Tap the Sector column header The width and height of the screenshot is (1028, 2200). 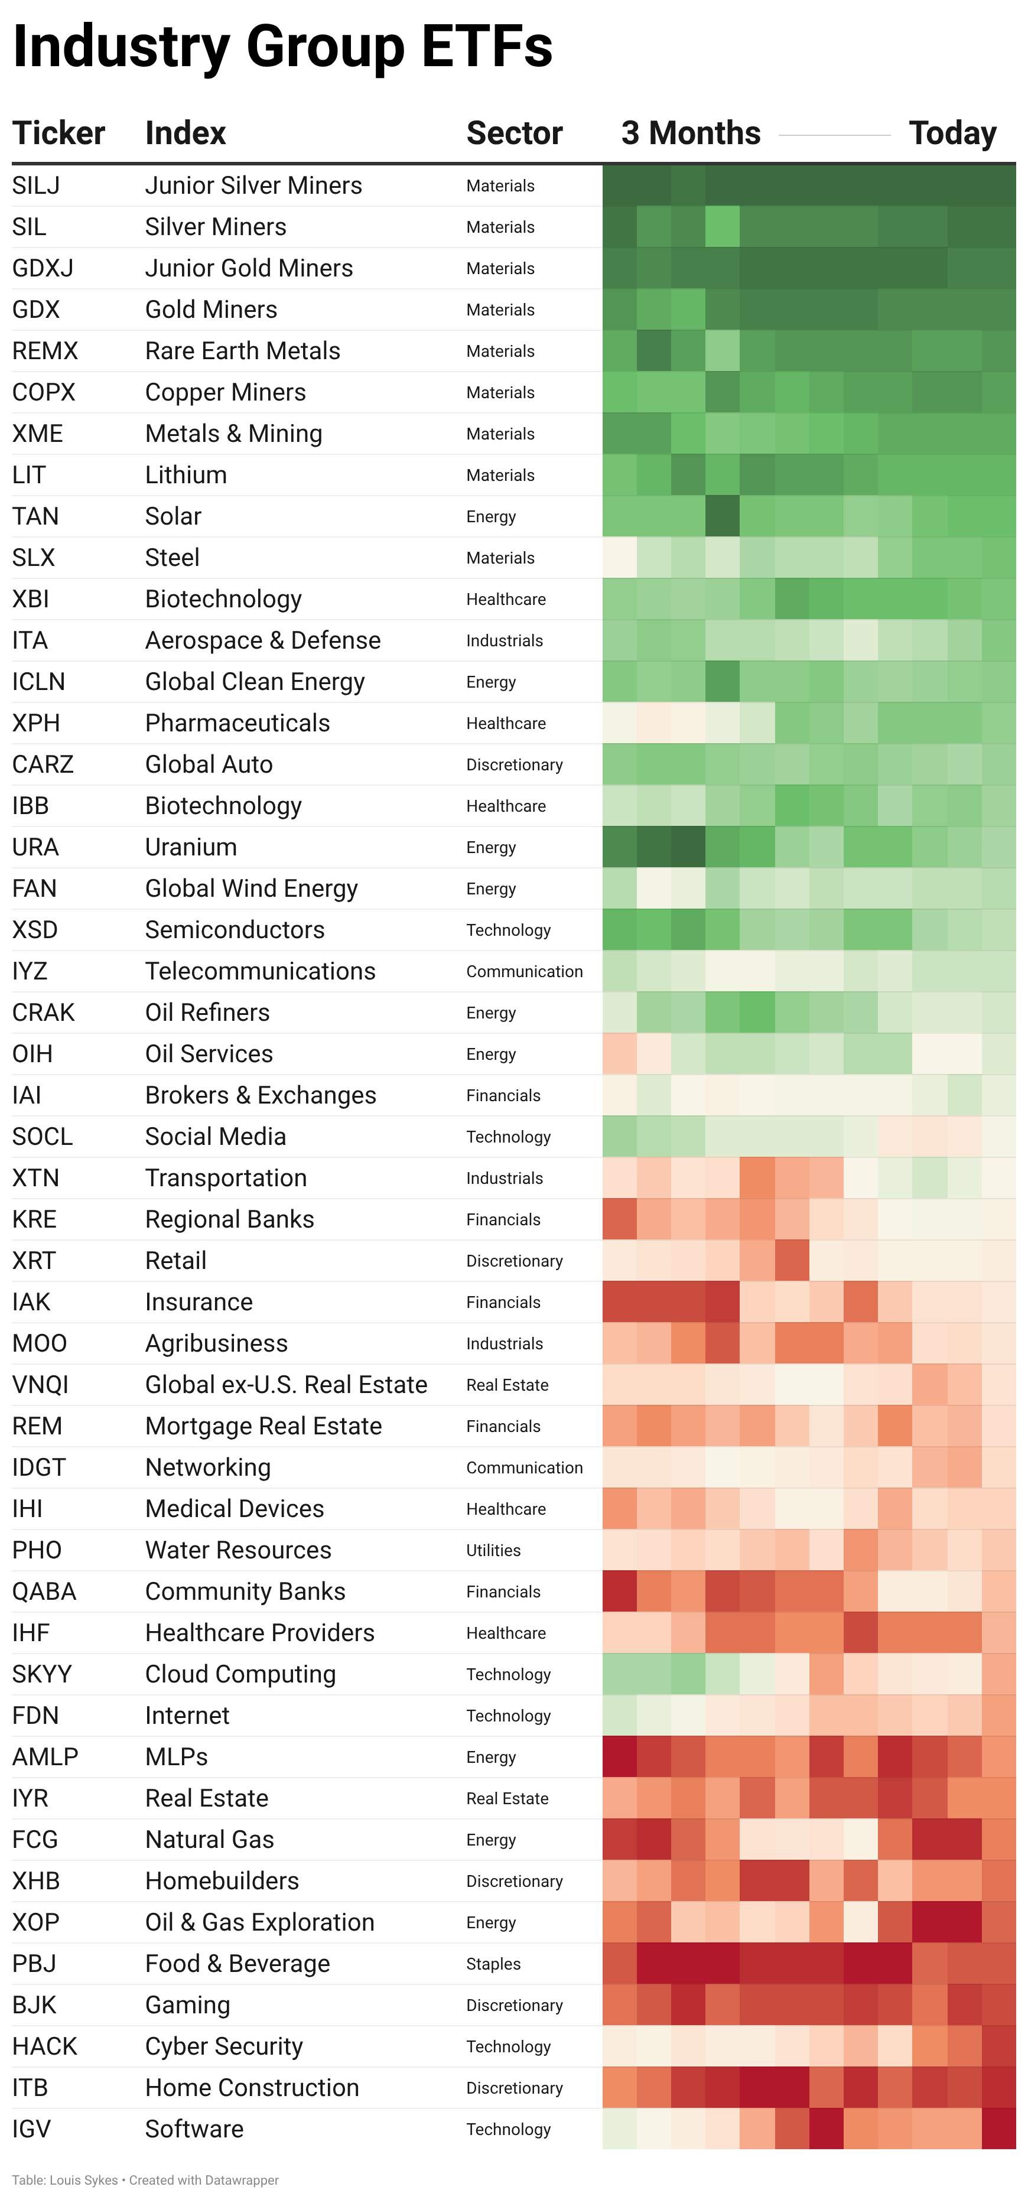tap(514, 134)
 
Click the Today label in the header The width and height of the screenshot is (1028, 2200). tap(952, 134)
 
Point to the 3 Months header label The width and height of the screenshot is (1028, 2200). tap(691, 134)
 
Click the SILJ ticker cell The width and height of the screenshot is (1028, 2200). tap(36, 185)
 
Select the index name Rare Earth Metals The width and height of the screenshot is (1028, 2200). tap(242, 351)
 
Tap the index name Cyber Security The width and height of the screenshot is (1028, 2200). tap(224, 2046)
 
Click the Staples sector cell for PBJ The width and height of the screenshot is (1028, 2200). tap(493, 1964)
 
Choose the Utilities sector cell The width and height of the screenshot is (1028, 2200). tap(493, 1550)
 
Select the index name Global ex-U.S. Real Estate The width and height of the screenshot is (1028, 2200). tap(286, 1384)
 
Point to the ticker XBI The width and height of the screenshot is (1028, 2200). tap(31, 598)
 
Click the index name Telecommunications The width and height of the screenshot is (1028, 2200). tap(261, 971)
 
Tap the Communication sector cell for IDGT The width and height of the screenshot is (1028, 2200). tap(524, 1467)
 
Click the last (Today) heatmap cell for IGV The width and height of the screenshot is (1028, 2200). tap(998, 2129)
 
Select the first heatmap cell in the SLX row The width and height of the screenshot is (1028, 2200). tap(620, 558)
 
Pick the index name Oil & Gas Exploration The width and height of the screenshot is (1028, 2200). tap(259, 1922)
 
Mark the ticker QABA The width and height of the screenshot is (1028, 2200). tap(44, 1591)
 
